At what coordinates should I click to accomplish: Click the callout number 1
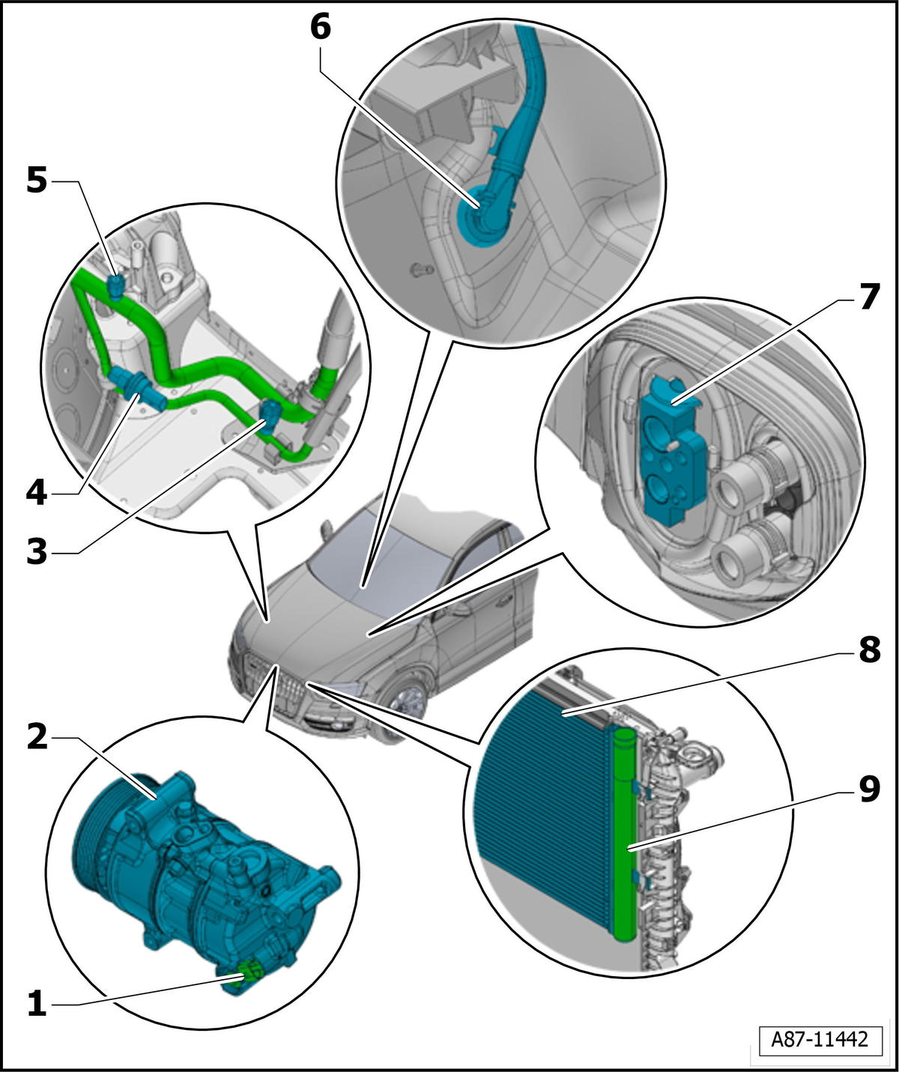37,1004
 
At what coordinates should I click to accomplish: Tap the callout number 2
37,738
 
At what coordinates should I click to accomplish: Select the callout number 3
37,552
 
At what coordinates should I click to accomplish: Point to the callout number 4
37,494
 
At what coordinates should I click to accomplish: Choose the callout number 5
37,181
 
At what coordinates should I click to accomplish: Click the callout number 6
321,27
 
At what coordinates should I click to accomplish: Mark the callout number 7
869,297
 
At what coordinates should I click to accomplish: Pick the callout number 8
869,649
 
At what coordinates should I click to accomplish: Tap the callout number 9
869,789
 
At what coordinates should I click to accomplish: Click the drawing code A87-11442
820,1037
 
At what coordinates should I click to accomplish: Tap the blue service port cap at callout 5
117,285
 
